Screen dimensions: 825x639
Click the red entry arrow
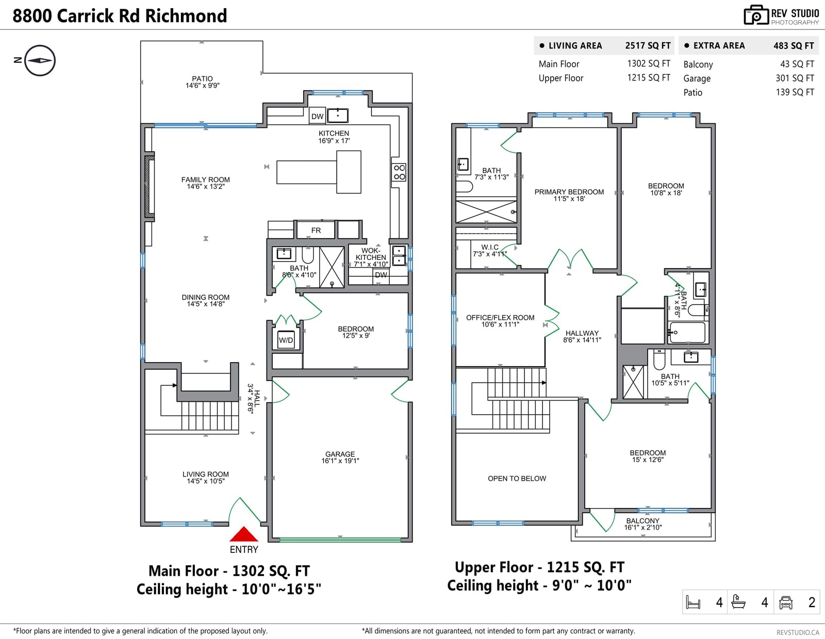pos(244,534)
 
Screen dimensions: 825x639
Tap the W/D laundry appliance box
pos(286,340)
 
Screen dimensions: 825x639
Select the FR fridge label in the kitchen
pos(316,231)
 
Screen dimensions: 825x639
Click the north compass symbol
pos(40,60)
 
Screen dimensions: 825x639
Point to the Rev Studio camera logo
pos(756,15)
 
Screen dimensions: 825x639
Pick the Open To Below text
pos(517,479)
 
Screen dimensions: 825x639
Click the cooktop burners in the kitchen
pos(399,172)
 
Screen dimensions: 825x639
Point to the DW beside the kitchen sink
pos(318,116)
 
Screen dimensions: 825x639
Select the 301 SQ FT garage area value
pos(795,78)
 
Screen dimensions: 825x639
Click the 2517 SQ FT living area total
pos(648,45)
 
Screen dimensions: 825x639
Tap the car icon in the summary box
pos(785,602)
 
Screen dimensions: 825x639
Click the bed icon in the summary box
pos(693,602)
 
